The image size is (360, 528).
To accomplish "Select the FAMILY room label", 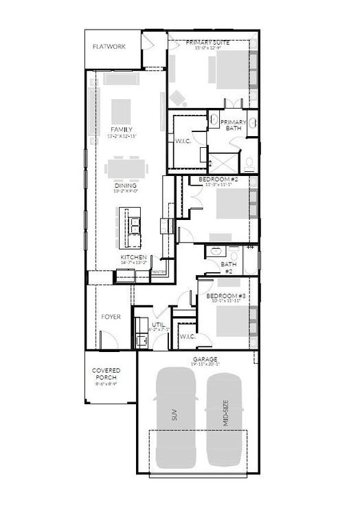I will [x=122, y=129].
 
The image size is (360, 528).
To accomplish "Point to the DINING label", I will [x=125, y=186].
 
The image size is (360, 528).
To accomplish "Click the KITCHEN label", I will [x=133, y=256].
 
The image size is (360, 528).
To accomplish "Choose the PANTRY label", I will [x=159, y=272].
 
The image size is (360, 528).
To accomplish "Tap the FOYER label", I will [x=111, y=317].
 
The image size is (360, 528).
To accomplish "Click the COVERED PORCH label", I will [x=106, y=374].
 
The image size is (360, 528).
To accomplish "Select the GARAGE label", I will [x=205, y=359].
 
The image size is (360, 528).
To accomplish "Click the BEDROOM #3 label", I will [x=225, y=296].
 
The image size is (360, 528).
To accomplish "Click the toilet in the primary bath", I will [x=249, y=162].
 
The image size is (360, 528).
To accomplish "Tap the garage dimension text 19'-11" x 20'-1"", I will [x=205, y=365].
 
